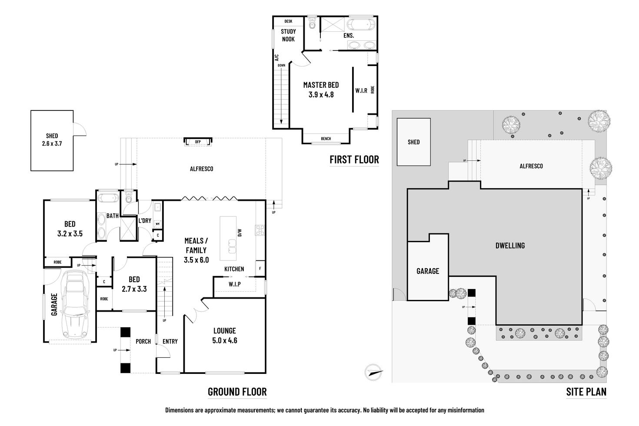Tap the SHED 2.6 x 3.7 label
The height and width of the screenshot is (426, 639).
coord(52,140)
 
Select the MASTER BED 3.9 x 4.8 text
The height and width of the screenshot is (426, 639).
coord(321,90)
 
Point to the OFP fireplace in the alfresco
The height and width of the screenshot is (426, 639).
coord(198,142)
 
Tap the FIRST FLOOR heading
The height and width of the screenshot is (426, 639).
coord(354,160)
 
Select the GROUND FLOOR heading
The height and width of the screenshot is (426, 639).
coord(237,392)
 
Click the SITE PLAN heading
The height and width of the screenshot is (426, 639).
coord(586,392)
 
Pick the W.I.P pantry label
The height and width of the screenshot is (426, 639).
coord(234,284)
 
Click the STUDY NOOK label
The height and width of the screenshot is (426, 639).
coord(288,35)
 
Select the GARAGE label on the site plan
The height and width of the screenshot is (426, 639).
coord(428,271)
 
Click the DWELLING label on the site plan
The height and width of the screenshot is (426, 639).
coord(510,246)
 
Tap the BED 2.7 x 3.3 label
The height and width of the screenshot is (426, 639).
coord(134,284)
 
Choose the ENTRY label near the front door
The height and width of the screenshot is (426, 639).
coord(170,341)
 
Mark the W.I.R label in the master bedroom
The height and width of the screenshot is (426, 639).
coord(361,90)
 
